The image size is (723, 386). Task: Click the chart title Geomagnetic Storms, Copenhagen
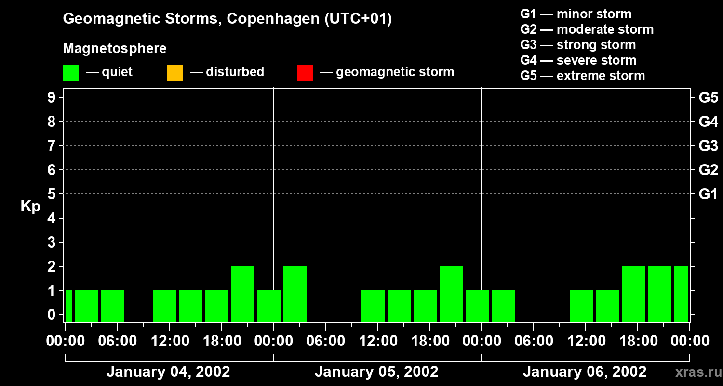(x=227, y=19)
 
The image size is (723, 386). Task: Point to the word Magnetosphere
(x=115, y=49)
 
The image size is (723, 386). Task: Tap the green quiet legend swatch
(x=70, y=73)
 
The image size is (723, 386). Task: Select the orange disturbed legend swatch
(x=174, y=73)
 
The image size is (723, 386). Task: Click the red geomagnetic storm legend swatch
(x=305, y=73)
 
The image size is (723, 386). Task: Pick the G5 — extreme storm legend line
(x=582, y=76)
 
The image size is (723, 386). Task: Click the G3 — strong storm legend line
(x=578, y=45)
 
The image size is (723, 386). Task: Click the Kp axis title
(x=30, y=207)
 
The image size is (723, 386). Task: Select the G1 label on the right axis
(x=708, y=194)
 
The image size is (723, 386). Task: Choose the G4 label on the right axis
(x=708, y=122)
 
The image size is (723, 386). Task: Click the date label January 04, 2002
(x=168, y=372)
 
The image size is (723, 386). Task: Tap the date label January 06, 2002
(x=585, y=372)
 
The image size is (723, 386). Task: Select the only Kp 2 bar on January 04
(x=243, y=294)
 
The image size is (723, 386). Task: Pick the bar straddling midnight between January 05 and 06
(x=477, y=306)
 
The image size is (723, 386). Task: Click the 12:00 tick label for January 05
(x=378, y=341)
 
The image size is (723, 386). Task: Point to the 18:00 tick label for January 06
(x=638, y=341)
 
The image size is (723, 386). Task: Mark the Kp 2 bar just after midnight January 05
(x=295, y=294)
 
